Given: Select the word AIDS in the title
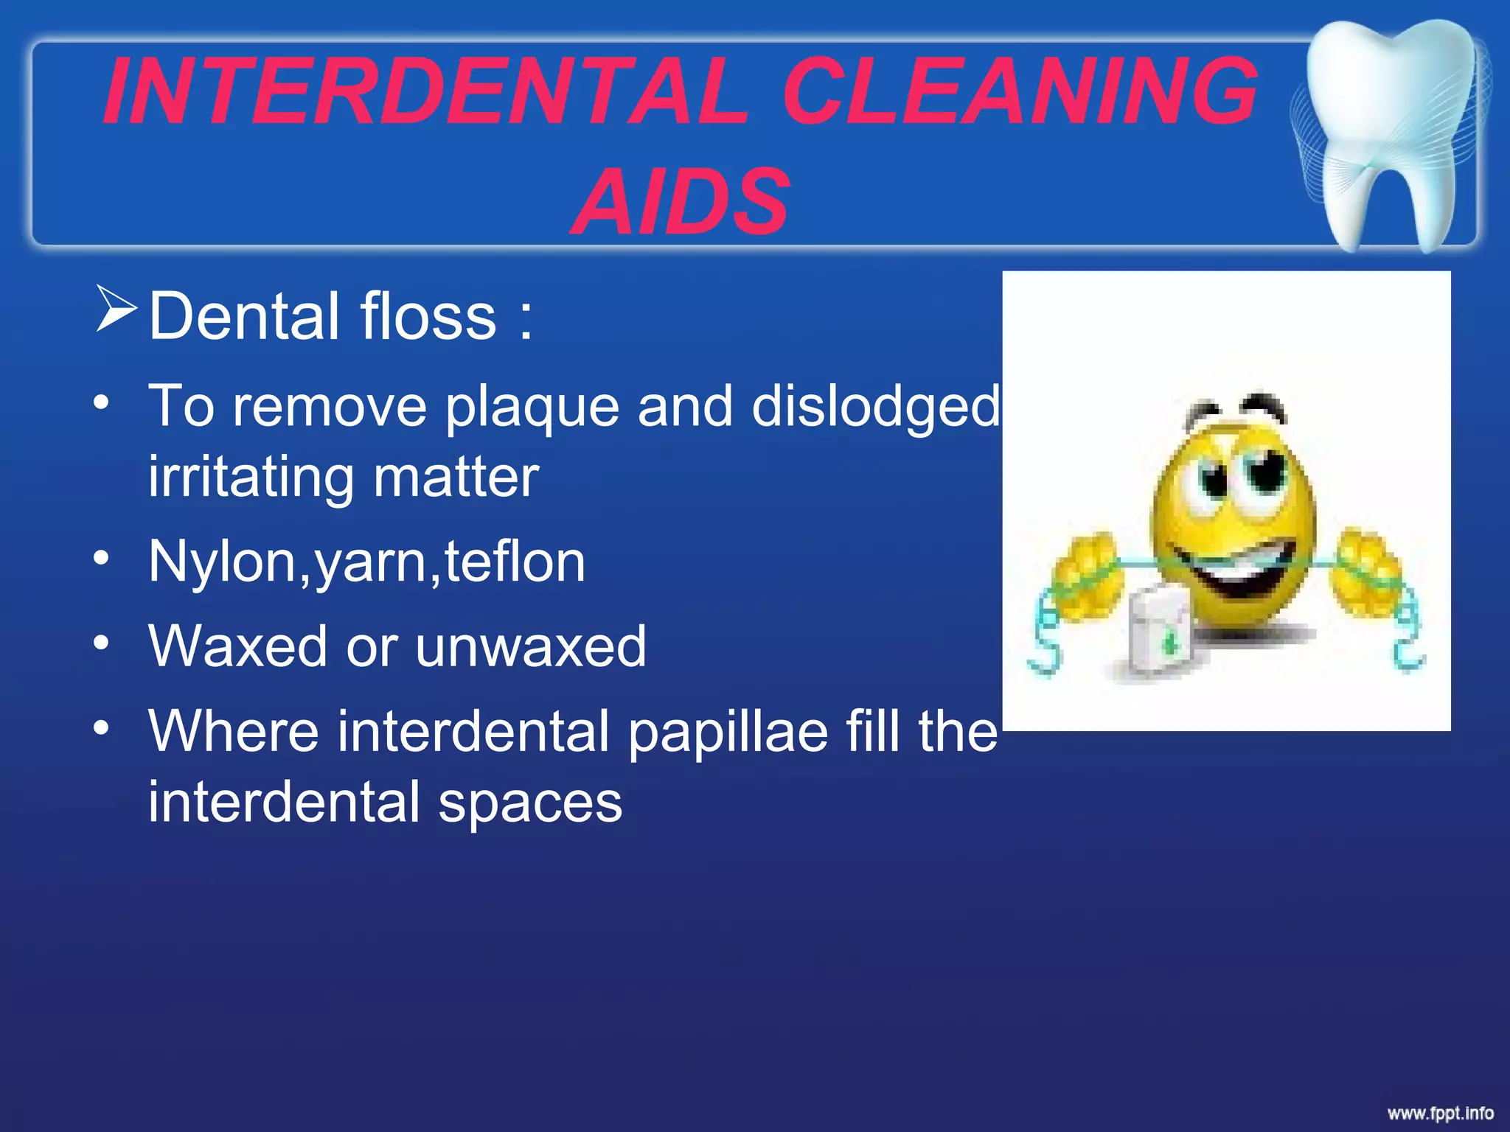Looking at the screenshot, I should click(x=680, y=202).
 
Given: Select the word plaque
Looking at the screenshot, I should click(x=532, y=408).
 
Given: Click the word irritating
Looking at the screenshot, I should click(x=251, y=478).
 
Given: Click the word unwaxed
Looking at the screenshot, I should click(x=531, y=646).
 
